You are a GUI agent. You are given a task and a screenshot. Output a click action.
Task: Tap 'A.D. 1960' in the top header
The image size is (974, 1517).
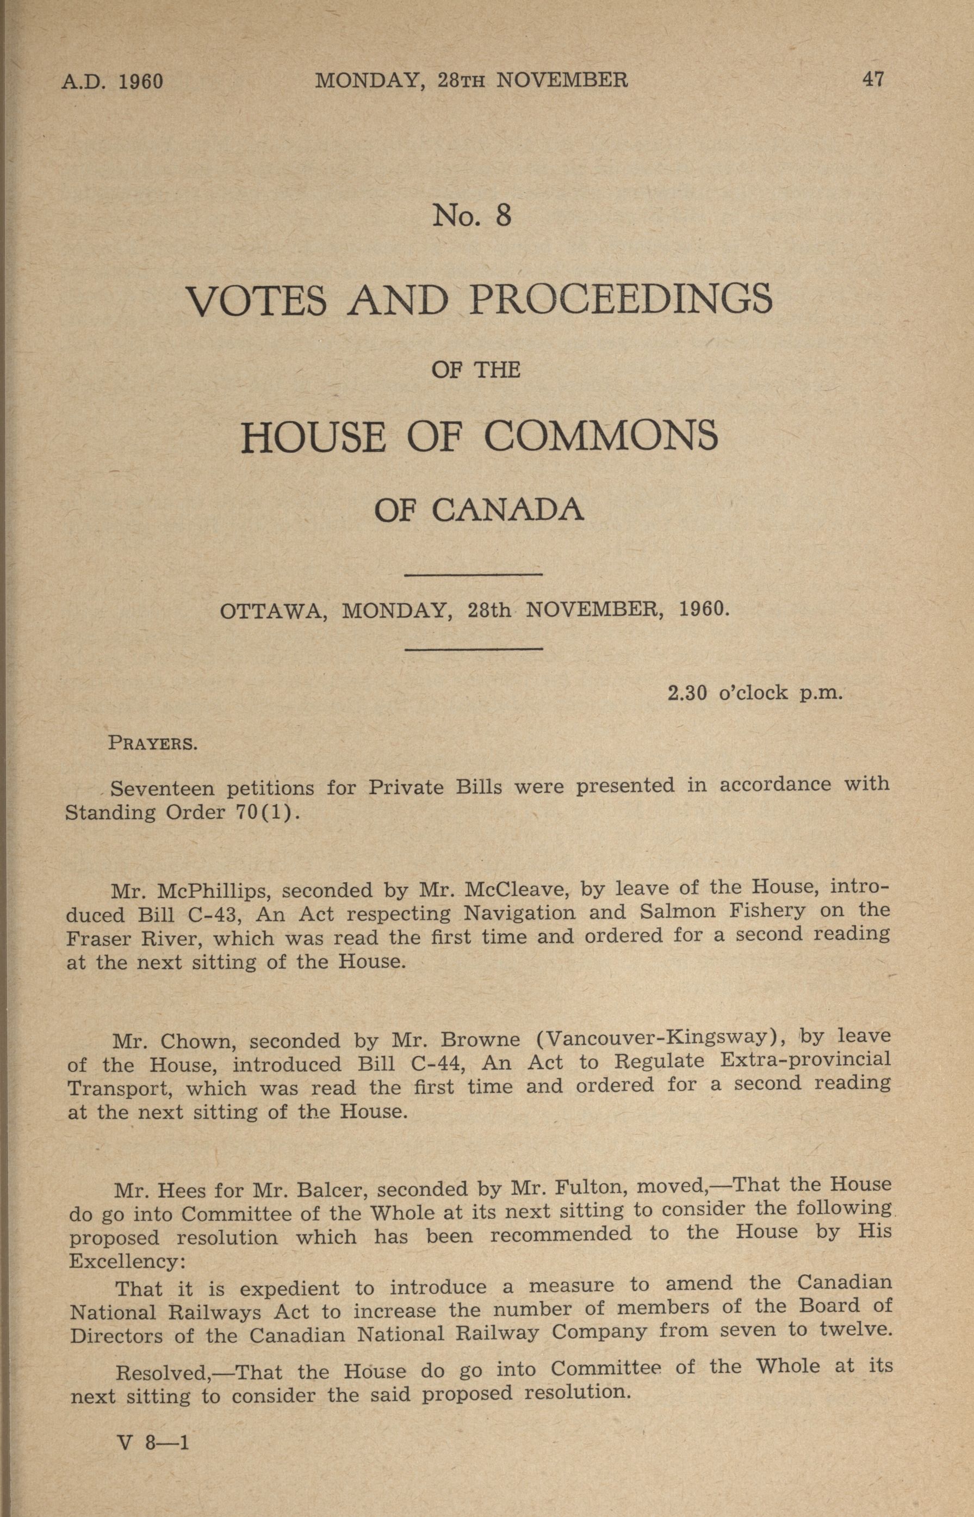pyautogui.click(x=113, y=82)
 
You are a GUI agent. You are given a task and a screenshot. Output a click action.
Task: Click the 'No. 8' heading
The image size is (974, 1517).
pyautogui.click(x=472, y=217)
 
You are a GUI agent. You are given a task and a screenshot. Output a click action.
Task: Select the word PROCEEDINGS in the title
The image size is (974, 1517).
pyautogui.click(x=620, y=300)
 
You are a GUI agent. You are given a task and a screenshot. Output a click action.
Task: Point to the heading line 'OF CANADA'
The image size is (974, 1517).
pyautogui.click(x=479, y=510)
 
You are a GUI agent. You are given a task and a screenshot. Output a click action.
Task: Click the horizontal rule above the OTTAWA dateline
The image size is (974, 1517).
pyautogui.click(x=473, y=575)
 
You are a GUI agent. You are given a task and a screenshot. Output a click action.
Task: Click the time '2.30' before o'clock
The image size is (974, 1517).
pyautogui.click(x=687, y=693)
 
